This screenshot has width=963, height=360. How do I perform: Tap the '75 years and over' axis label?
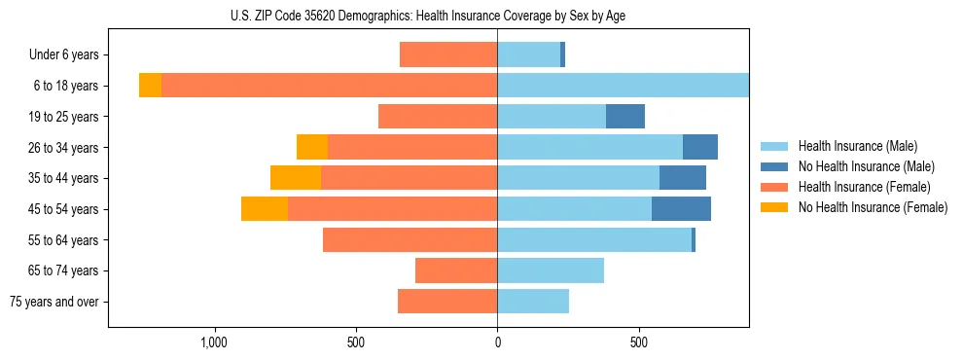click(x=54, y=302)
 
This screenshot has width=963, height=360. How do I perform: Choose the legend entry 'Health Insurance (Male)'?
click(x=857, y=146)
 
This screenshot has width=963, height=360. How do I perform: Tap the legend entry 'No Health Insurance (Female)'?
click(x=873, y=207)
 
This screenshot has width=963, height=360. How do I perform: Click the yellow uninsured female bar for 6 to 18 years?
click(x=150, y=86)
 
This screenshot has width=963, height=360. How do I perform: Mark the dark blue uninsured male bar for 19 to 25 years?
click(x=625, y=117)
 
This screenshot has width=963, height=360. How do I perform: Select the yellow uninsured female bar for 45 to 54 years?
click(x=265, y=209)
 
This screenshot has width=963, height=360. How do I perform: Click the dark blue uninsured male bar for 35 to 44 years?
click(x=683, y=178)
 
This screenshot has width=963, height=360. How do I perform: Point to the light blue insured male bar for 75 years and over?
click(x=533, y=302)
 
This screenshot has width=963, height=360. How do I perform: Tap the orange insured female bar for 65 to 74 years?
click(x=456, y=270)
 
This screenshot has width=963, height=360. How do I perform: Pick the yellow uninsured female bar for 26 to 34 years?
click(x=312, y=147)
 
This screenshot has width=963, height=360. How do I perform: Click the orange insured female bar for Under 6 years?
click(x=448, y=55)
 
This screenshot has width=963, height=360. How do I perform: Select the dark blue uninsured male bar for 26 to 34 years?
click(x=700, y=147)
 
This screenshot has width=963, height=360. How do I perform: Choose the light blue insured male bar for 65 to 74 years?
click(x=551, y=270)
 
